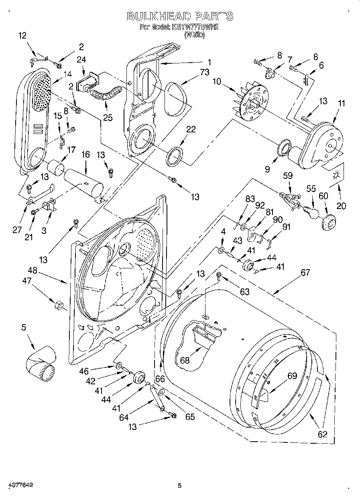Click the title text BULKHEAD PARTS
coord(179,16)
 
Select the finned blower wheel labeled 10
coord(252,101)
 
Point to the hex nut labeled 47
coord(57,306)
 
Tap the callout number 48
coord(32,271)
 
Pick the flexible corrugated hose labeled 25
coord(105,95)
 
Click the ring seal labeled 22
coord(176,156)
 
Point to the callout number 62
coord(322,434)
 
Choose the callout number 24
coord(81,59)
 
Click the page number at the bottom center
coord(180,486)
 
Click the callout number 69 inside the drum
coord(292,376)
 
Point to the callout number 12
coord(22,35)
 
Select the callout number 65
coord(190,417)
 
